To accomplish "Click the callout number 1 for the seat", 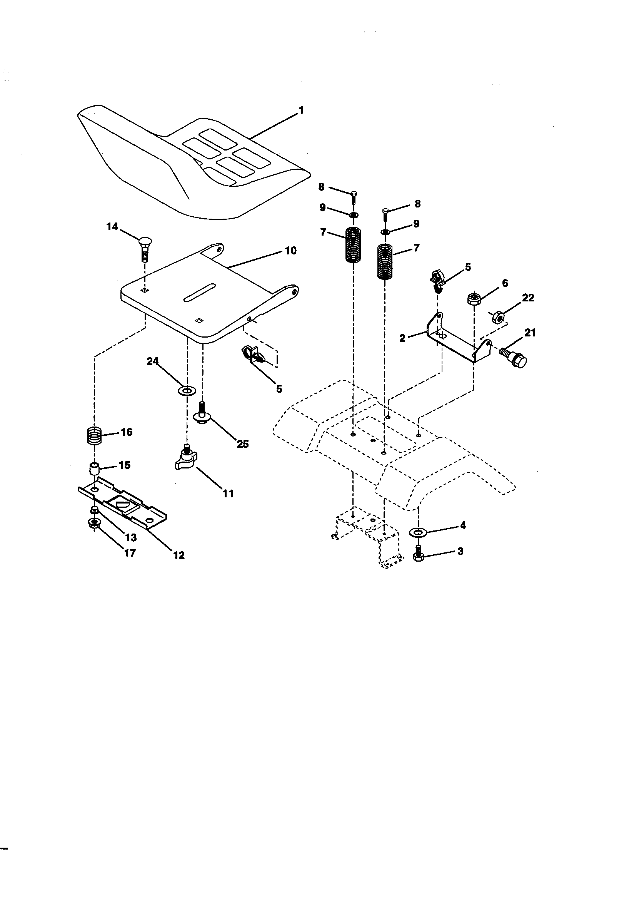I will click(301, 111).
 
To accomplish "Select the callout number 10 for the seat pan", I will click(290, 251).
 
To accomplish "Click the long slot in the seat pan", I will click(199, 293).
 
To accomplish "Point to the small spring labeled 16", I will click(94, 435).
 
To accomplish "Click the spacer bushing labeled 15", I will click(94, 468).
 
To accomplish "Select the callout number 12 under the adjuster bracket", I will click(179, 555).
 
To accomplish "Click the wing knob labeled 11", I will click(186, 460).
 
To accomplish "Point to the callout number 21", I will click(530, 333).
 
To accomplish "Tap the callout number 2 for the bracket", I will click(402, 338).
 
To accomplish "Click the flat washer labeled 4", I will click(419, 532).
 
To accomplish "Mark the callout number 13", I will click(130, 537).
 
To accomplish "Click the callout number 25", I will click(242, 444).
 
